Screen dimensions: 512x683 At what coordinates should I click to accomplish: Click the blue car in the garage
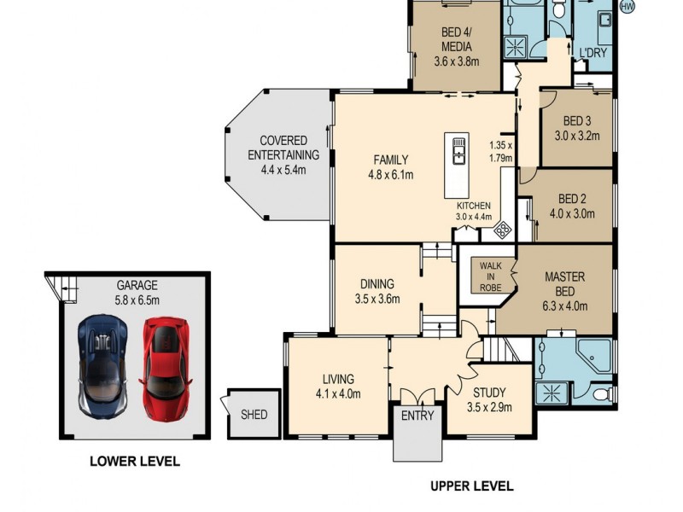click(103, 365)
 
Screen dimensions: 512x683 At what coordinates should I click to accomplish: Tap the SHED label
click(254, 415)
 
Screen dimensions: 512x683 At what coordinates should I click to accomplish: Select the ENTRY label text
click(417, 416)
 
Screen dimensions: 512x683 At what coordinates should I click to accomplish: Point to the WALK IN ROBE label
click(490, 276)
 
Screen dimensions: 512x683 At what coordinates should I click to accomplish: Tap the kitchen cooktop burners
click(503, 228)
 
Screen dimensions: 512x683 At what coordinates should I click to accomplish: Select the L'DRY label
click(593, 54)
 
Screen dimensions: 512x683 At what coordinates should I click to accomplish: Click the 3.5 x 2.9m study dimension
click(491, 407)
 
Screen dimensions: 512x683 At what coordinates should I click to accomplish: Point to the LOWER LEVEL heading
click(135, 462)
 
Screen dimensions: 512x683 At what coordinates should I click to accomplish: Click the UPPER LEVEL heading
click(471, 486)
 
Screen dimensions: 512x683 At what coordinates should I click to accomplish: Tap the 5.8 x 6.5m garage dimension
click(137, 300)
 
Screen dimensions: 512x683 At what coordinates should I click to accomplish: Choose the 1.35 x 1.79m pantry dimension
click(500, 151)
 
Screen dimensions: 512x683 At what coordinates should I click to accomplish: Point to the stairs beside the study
click(499, 349)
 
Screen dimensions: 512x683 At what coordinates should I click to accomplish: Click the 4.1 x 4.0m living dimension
click(338, 393)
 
